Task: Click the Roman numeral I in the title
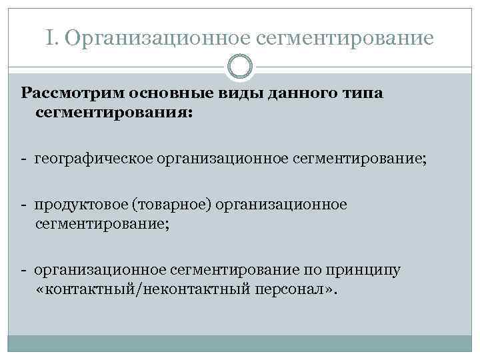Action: (52, 38)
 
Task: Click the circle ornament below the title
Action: (241, 66)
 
